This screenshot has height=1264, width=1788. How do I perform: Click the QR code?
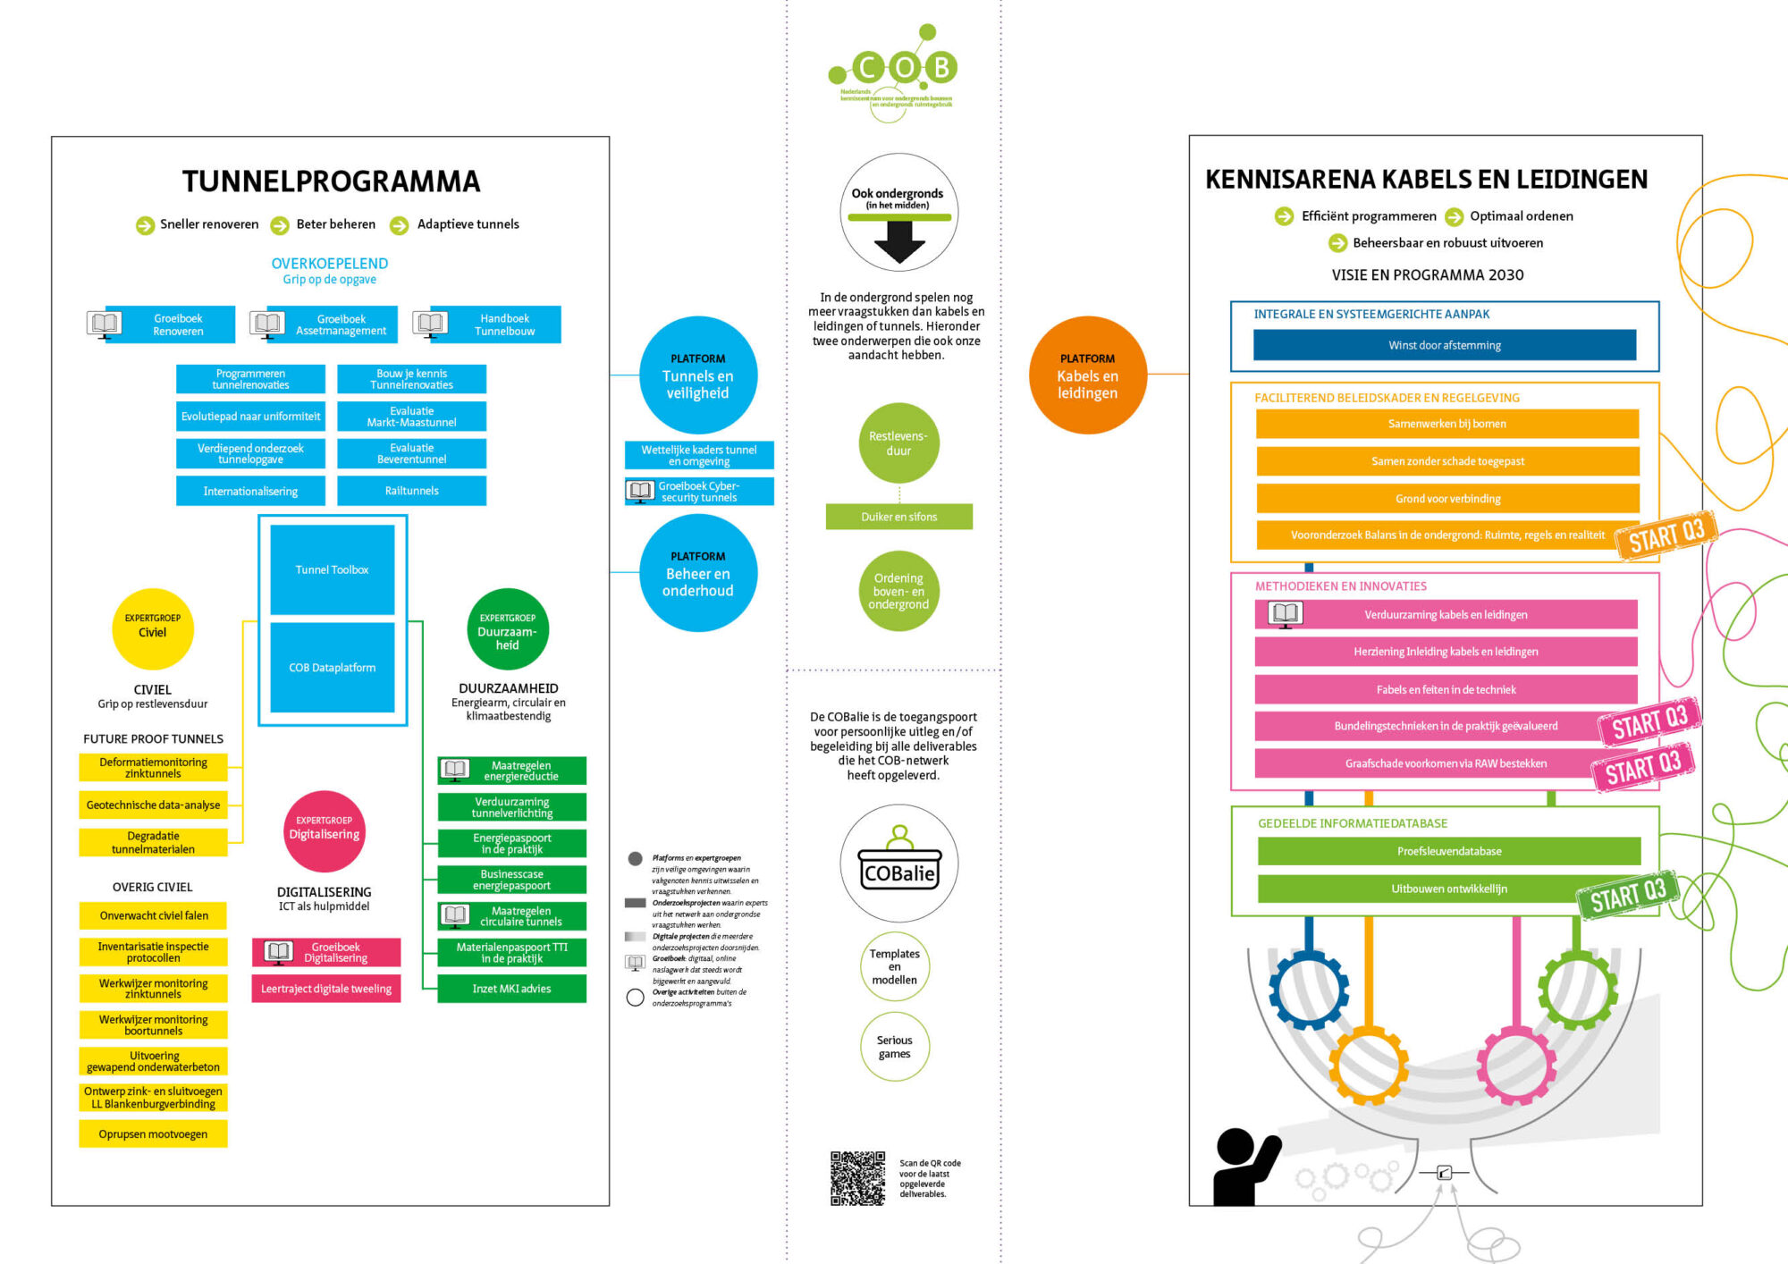pyautogui.click(x=857, y=1177)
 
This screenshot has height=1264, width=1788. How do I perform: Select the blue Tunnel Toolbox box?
pyautogui.click(x=332, y=569)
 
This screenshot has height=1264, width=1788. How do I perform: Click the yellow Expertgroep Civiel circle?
pyautogui.click(x=153, y=628)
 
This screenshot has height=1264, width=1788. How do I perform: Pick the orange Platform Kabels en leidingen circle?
pyautogui.click(x=1087, y=375)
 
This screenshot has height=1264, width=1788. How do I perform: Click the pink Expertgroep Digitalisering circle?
pyautogui.click(x=325, y=830)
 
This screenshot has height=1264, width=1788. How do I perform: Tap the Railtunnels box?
pyautogui.click(x=411, y=491)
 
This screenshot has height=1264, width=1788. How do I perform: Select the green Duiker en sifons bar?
pyautogui.click(x=898, y=517)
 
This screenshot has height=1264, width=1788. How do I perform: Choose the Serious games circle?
pyautogui.click(x=894, y=1046)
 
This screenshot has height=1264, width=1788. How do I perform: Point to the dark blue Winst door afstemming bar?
pyautogui.click(x=1444, y=345)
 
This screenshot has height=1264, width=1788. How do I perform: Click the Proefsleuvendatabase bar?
pyautogui.click(x=1448, y=851)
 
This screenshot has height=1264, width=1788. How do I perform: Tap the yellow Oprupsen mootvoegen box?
pyautogui.click(x=153, y=1134)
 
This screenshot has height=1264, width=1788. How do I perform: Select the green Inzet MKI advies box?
pyautogui.click(x=511, y=989)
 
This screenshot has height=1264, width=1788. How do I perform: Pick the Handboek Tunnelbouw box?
pyautogui.click(x=504, y=324)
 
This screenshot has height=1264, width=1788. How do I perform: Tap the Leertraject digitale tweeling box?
pyautogui.click(x=326, y=989)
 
